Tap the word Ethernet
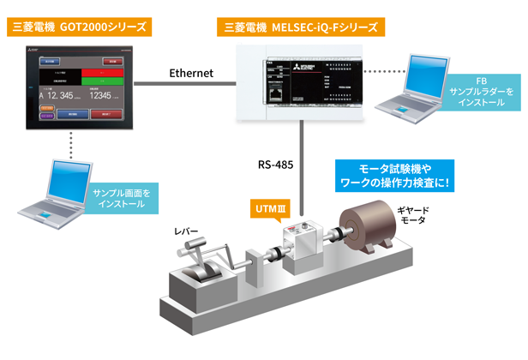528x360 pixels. point(190,74)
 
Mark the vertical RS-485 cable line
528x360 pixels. point(303,163)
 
